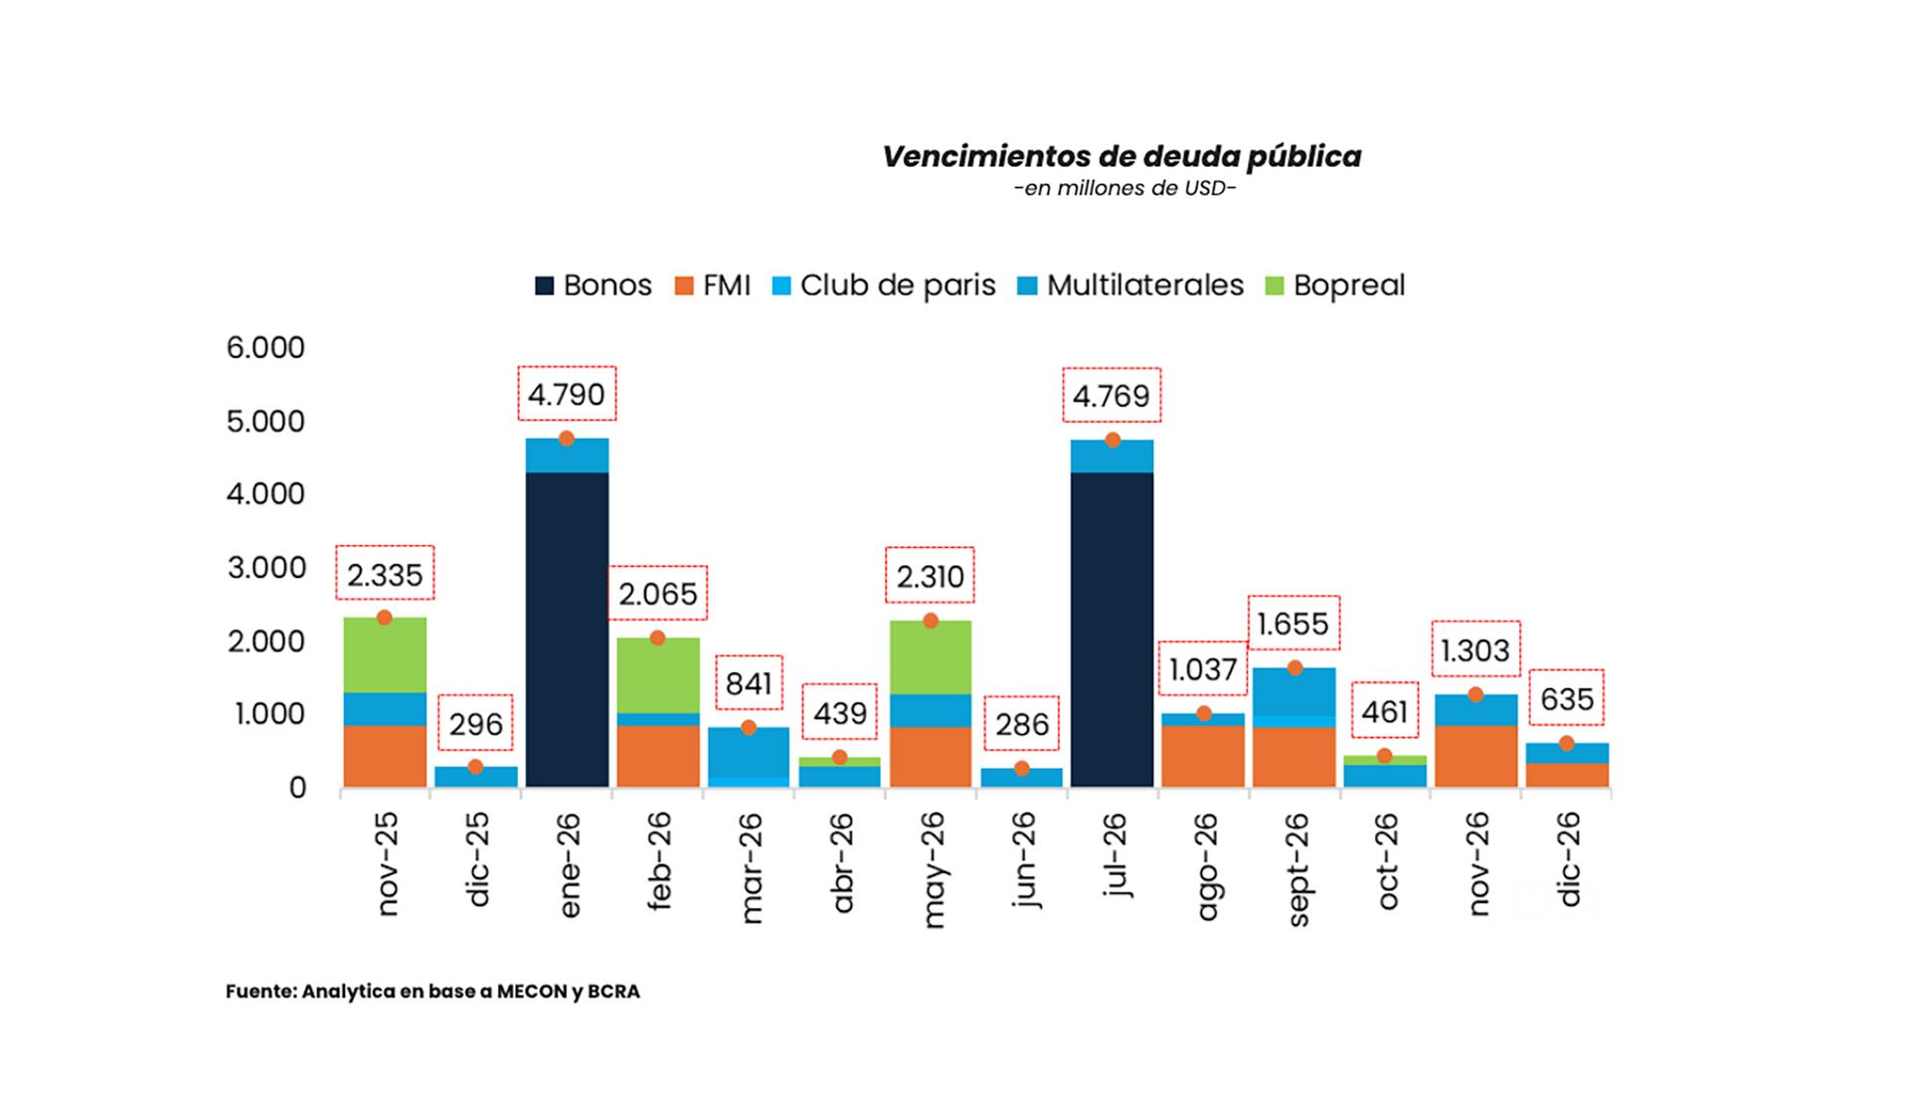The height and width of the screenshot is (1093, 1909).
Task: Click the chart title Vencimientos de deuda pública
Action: pos(1122,157)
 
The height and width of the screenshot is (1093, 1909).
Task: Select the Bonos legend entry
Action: pos(594,285)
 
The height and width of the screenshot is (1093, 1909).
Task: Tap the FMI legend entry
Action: pos(713,285)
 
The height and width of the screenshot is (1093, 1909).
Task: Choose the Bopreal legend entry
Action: pos(1335,285)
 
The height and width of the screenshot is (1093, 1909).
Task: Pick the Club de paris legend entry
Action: pos(884,285)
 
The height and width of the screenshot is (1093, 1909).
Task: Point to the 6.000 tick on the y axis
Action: pos(265,348)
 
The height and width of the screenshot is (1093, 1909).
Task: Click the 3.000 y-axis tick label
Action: pos(265,568)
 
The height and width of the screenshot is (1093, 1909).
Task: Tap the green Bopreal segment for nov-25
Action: pos(385,655)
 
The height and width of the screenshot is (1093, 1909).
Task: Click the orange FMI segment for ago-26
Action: pos(1203,756)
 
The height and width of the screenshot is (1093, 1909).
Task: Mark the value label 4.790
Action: pos(567,395)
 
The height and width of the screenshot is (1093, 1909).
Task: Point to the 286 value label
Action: pos(1021,724)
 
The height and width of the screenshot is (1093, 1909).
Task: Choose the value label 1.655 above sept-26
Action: pos(1294,624)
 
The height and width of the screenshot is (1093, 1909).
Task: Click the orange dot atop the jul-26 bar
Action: pos(1113,441)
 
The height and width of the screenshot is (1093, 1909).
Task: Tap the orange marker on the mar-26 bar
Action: pos(749,728)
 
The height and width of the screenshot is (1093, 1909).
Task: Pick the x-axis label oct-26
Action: pos(1386,861)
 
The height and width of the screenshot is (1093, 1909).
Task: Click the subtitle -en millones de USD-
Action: pos(1125,189)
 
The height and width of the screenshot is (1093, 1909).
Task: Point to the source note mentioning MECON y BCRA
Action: pos(433,992)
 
